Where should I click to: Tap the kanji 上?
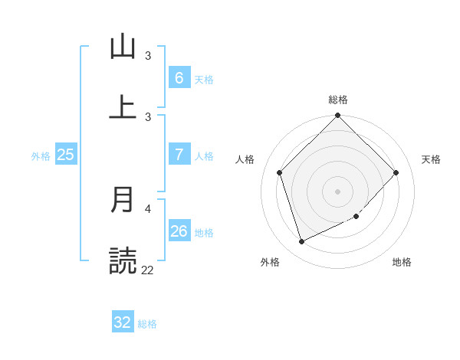[123, 107]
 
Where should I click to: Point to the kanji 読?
[123, 260]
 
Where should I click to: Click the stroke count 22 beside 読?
[147, 270]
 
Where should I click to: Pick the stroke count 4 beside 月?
[148, 208]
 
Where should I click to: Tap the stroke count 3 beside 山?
[148, 55]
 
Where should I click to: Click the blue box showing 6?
[179, 78]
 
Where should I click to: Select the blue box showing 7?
[179, 155]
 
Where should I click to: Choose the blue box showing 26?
[179, 231]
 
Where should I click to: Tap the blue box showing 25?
[65, 155]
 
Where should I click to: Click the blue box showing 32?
[123, 322]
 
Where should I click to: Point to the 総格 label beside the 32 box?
[147, 324]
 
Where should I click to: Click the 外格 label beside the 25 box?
[41, 156]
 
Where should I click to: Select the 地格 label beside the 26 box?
[204, 233]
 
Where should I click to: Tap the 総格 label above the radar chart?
[338, 100]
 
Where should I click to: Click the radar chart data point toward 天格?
[396, 172]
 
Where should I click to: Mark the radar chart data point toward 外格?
[301, 242]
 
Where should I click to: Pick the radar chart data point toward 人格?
[280, 172]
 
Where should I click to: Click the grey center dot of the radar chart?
[338, 191]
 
